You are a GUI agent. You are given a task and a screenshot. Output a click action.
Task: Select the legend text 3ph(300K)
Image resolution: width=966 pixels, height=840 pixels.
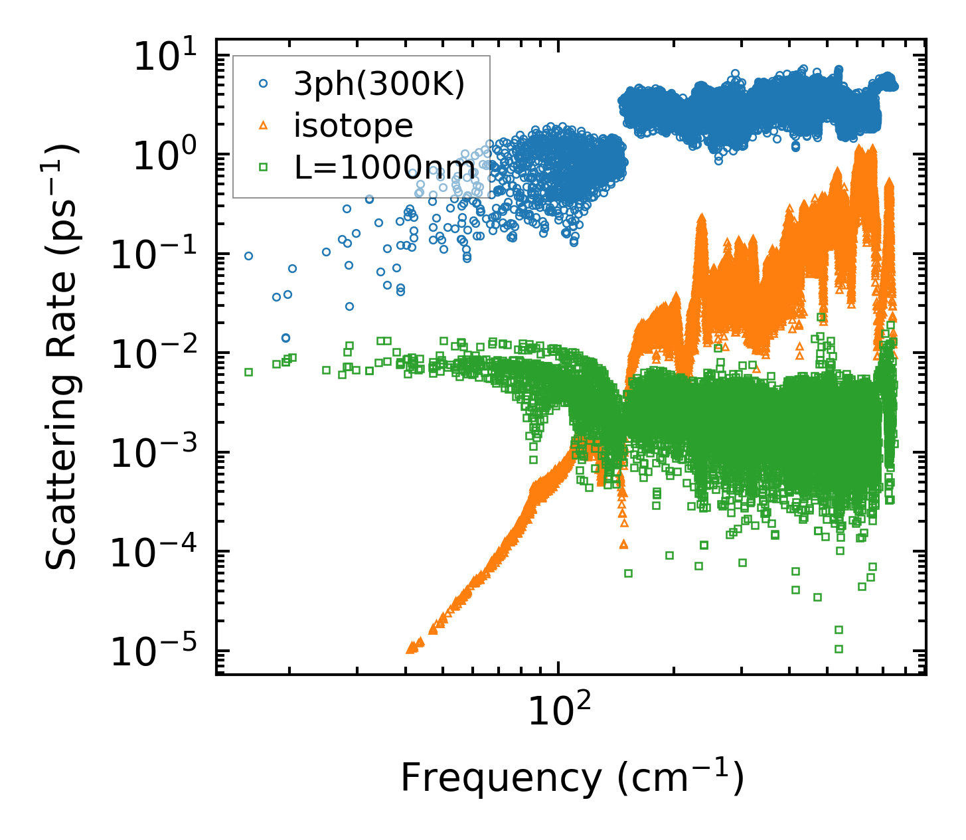point(378,84)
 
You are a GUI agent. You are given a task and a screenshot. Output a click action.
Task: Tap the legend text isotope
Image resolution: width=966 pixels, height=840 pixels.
point(353,126)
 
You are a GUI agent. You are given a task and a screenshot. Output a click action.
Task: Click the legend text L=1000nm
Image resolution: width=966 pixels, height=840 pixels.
point(384,167)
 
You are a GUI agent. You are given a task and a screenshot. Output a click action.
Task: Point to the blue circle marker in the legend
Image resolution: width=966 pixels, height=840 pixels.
point(264,84)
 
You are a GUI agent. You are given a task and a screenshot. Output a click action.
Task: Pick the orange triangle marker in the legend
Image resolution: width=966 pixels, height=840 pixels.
point(264,125)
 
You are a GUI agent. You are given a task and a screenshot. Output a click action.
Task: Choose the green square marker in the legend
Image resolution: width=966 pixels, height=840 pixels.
point(264,167)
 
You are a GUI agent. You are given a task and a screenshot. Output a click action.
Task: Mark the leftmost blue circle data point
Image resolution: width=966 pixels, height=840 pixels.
point(249,256)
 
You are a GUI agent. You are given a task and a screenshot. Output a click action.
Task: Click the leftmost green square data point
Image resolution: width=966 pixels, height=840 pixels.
point(249,372)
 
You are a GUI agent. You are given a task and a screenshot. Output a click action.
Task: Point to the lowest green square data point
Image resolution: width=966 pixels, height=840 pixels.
point(839,649)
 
